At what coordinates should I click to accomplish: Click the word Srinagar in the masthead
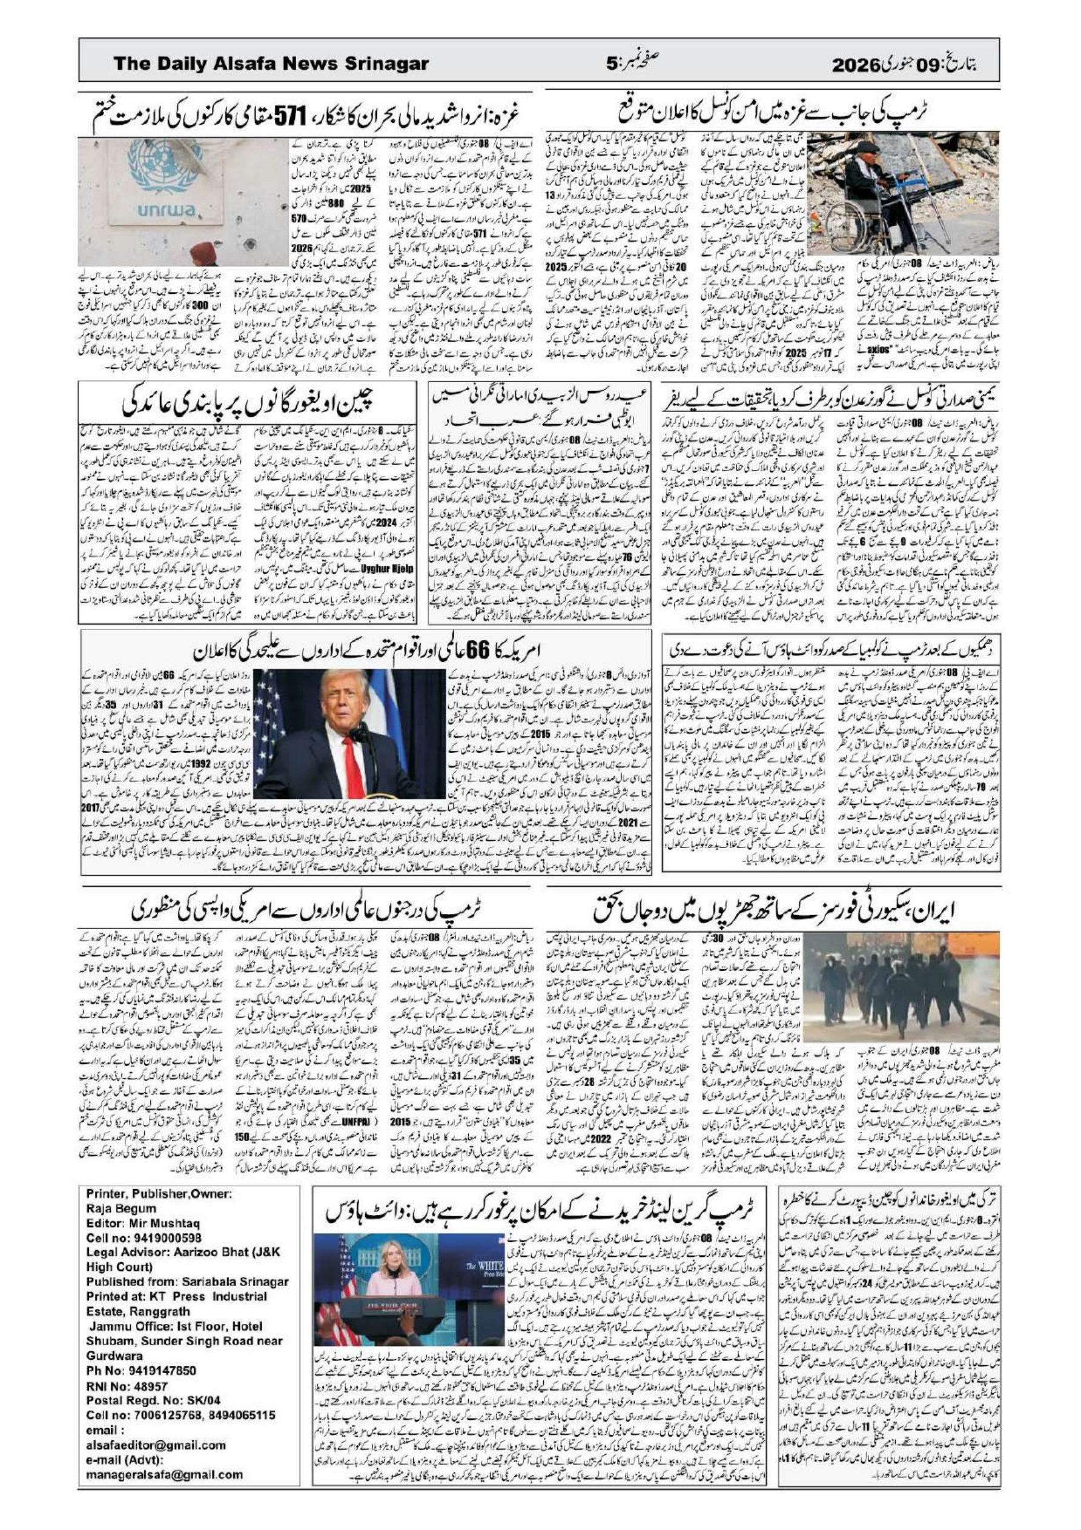pos(386,64)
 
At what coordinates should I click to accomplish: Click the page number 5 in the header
pos(612,64)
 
